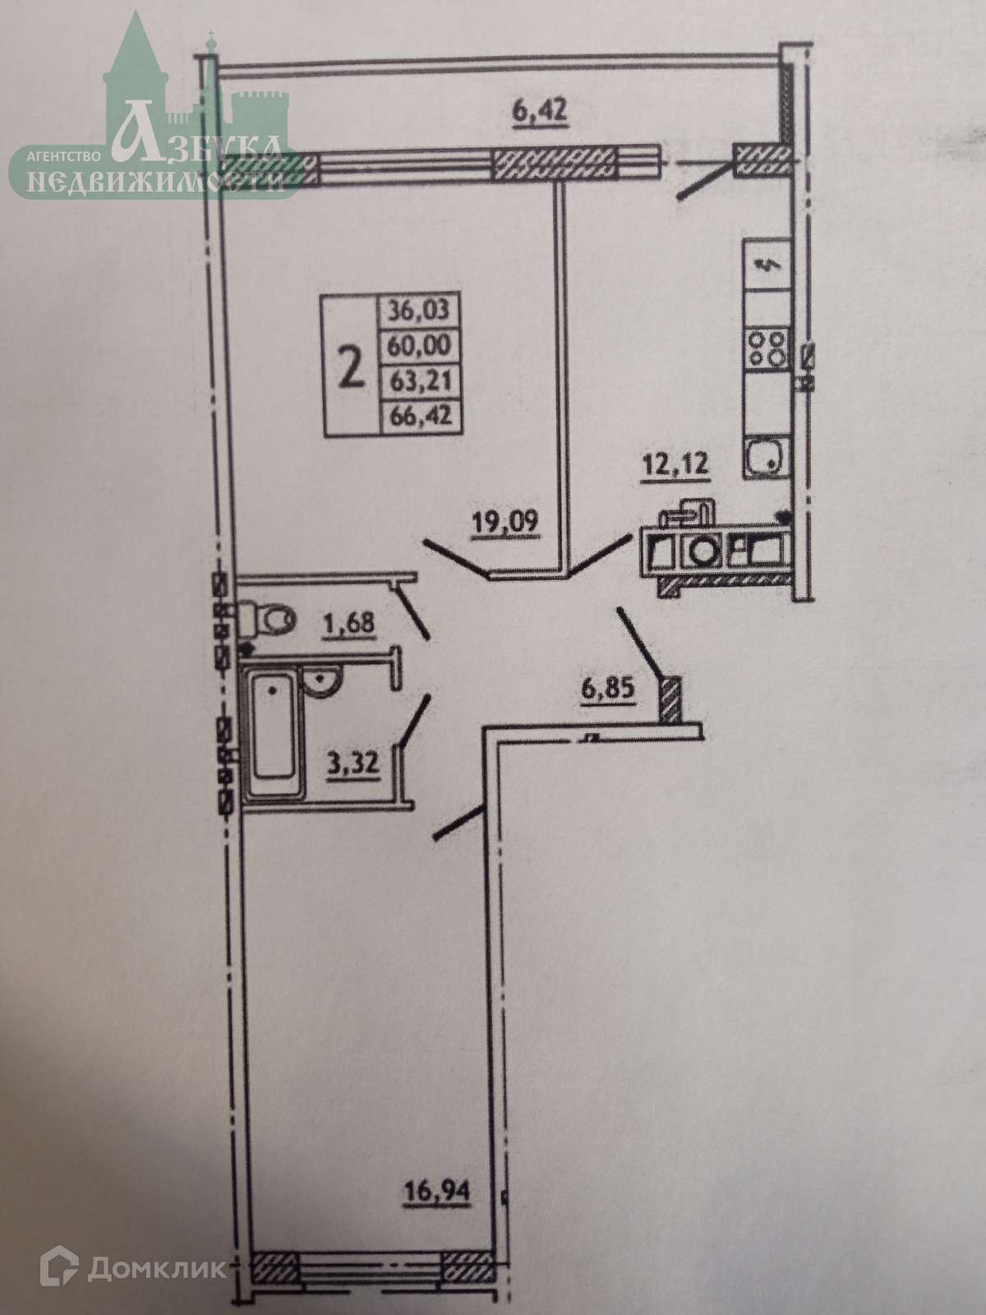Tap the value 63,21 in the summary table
[x=419, y=381]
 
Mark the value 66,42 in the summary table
[x=419, y=416]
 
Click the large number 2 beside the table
[x=352, y=367]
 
